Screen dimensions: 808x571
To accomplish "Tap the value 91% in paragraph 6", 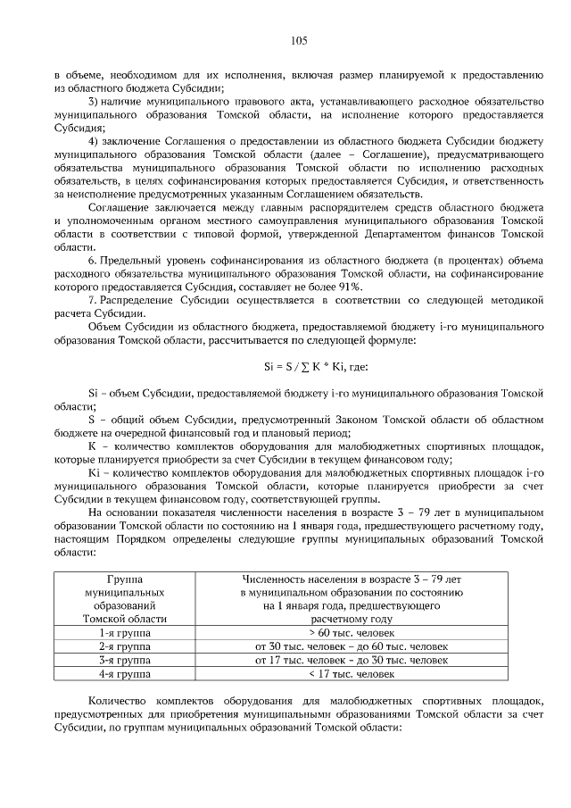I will tap(349, 286).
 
